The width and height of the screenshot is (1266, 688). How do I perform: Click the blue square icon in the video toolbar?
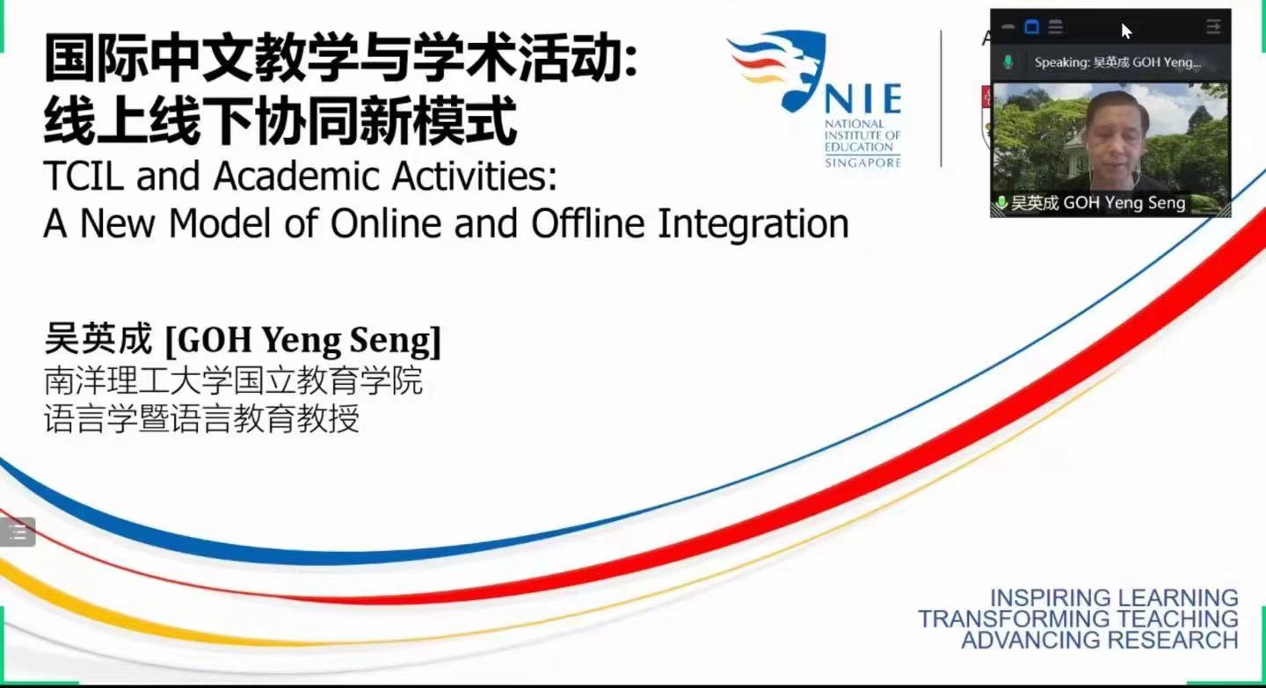[1031, 26]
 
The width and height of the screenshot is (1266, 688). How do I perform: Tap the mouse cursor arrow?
[1126, 31]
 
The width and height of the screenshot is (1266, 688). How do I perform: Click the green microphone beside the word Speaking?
[1008, 62]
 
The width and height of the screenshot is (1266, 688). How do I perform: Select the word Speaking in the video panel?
[1061, 62]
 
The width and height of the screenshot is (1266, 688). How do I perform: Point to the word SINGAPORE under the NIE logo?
[862, 163]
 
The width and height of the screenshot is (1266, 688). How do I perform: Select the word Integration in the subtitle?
[753, 225]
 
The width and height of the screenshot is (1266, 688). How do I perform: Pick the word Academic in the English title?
[295, 176]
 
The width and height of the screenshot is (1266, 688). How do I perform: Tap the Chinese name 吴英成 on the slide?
[98, 339]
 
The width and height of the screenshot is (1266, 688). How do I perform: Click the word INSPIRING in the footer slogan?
[1046, 598]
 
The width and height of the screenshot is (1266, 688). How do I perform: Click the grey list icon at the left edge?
[18, 532]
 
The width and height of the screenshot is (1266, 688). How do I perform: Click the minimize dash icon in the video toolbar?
[1008, 26]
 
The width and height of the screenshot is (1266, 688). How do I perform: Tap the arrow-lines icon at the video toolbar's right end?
[1213, 26]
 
